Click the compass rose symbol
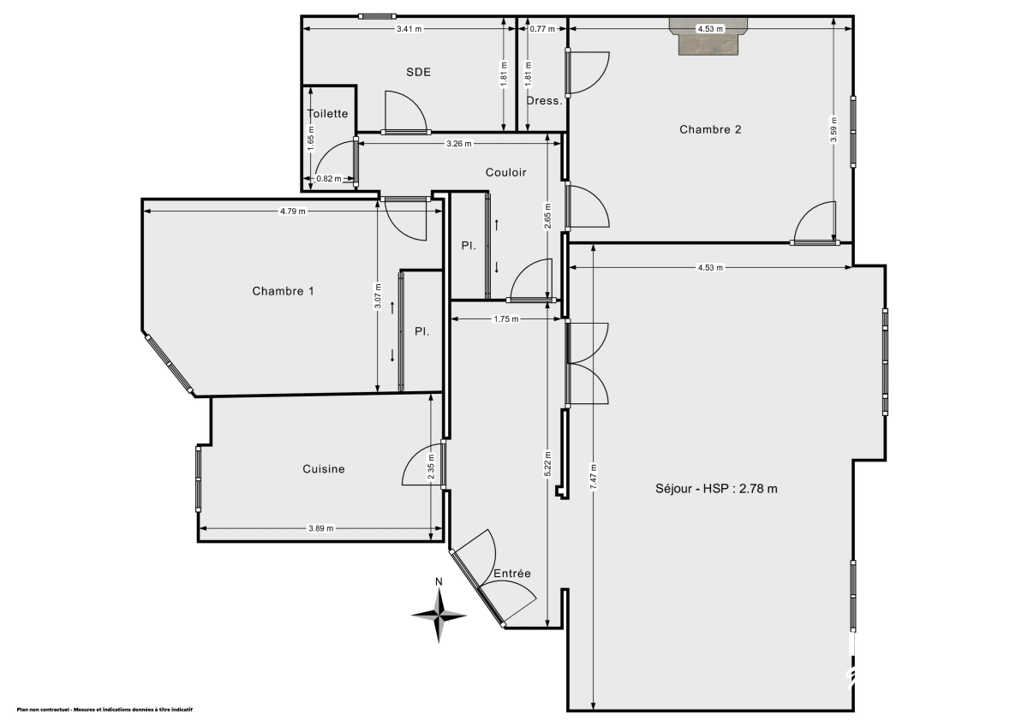tap(439, 614)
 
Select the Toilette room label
tap(327, 113)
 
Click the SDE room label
tap(418, 72)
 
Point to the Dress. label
tap(545, 100)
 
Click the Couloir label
tap(505, 172)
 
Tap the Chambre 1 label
tap(283, 291)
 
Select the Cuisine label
tap(324, 468)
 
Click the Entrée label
tap(512, 574)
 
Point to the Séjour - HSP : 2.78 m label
tap(716, 489)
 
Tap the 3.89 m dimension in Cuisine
tap(321, 528)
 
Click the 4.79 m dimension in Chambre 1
tap(292, 211)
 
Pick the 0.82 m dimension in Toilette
tap(328, 179)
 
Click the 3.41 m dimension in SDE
tap(409, 29)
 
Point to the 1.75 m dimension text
tap(507, 319)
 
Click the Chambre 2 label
tap(710, 129)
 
